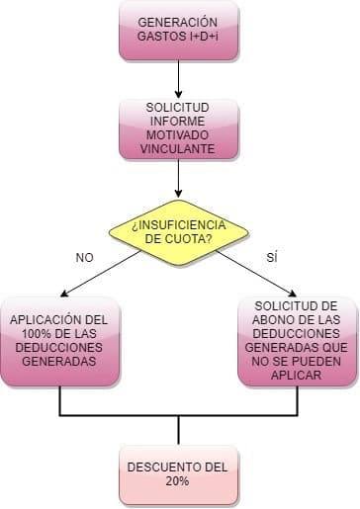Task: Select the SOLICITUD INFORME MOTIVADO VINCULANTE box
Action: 178,127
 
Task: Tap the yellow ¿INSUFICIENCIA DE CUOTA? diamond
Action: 178,231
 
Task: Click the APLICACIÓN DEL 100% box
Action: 60,341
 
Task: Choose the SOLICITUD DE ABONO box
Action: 296,341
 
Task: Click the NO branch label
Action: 84,257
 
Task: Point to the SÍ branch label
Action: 273,257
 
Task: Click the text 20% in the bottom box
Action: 178,480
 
